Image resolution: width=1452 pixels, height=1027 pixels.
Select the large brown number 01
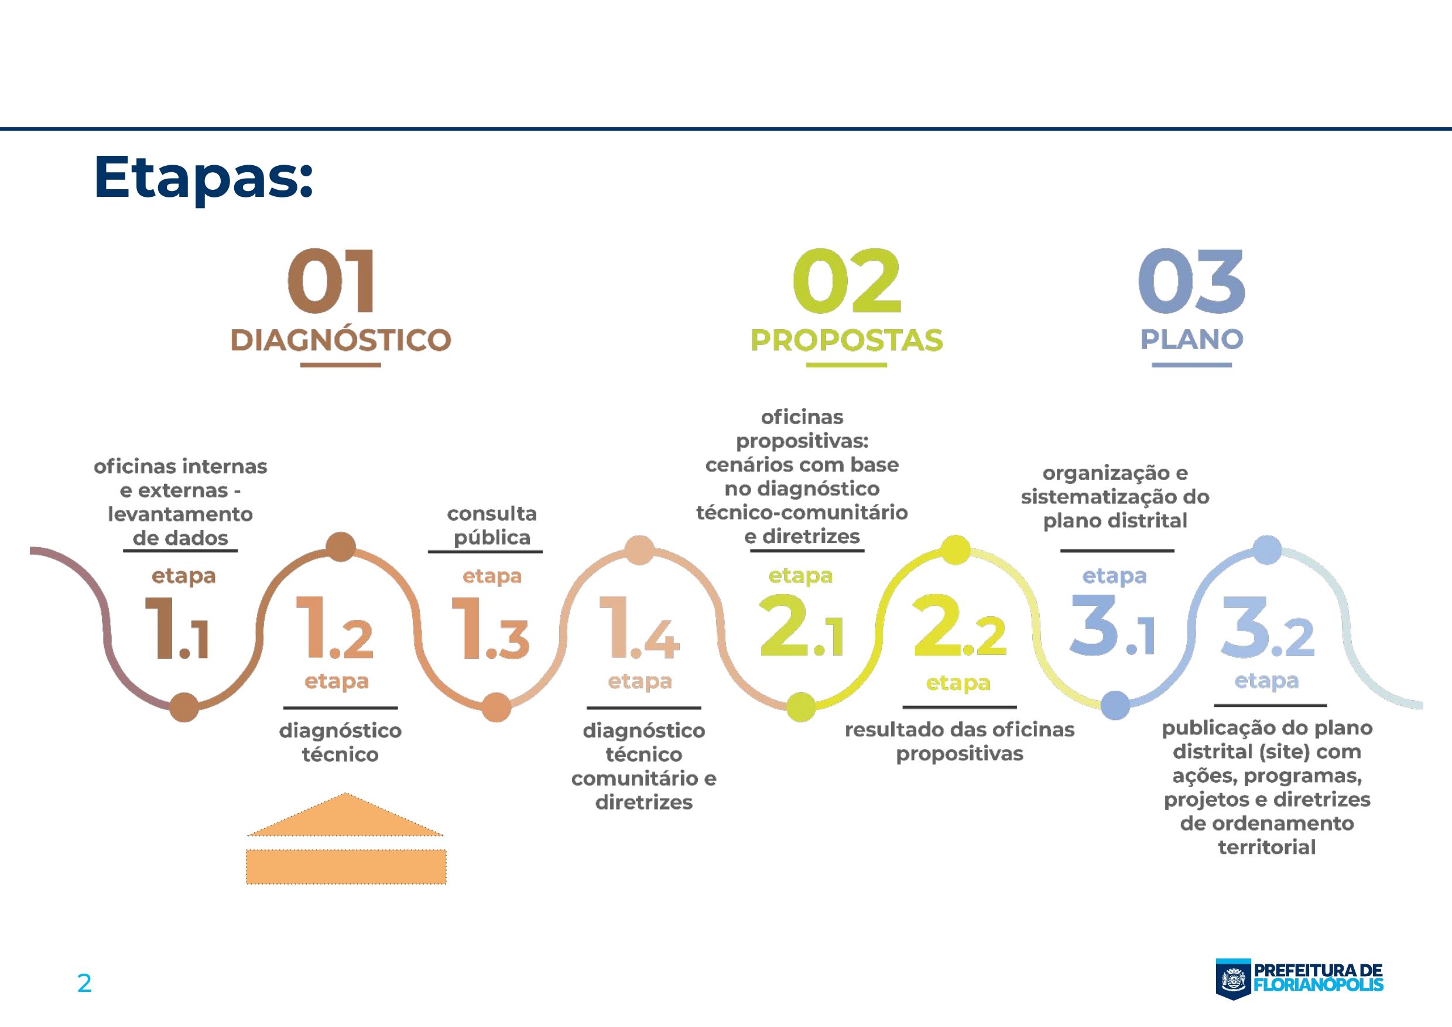pyautogui.click(x=331, y=282)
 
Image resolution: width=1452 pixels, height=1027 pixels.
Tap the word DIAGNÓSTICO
pyautogui.click(x=340, y=340)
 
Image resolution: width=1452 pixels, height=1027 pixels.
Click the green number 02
pyautogui.click(x=846, y=282)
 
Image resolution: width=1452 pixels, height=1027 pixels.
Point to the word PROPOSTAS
pyautogui.click(x=846, y=340)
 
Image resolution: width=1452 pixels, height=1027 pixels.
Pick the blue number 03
pyautogui.click(x=1191, y=282)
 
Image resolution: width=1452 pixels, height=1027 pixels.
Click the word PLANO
pyautogui.click(x=1191, y=340)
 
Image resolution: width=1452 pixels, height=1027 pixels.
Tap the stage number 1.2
pyautogui.click(x=334, y=630)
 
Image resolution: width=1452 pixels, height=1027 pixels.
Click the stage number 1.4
pyautogui.click(x=639, y=630)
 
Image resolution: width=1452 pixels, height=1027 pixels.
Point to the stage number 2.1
pyautogui.click(x=800, y=626)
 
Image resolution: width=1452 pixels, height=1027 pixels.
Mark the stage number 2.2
pyautogui.click(x=958, y=626)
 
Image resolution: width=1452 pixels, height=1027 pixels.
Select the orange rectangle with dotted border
pyautogui.click(x=346, y=867)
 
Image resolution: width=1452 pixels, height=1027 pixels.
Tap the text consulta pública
pyautogui.click(x=491, y=525)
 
